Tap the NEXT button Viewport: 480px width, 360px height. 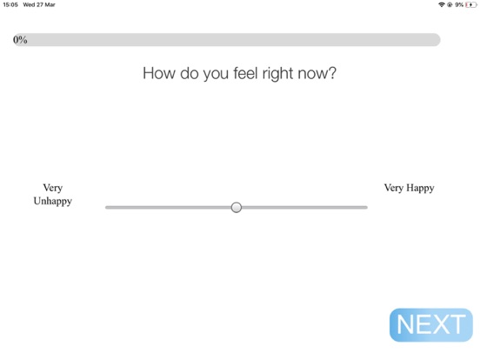[430, 325]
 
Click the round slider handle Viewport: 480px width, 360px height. [236, 207]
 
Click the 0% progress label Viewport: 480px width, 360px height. [20, 40]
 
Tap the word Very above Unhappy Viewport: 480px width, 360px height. [53, 188]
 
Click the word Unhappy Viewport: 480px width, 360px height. [53, 201]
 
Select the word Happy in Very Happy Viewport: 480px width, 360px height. [420, 188]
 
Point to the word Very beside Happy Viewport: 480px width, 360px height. [394, 188]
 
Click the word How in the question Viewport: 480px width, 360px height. [159, 73]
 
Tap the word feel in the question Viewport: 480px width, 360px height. [243, 73]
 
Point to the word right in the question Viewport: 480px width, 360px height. [277, 73]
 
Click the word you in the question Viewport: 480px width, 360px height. [209, 73]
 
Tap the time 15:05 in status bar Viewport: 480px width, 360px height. [10, 4]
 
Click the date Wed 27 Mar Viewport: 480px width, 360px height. [39, 4]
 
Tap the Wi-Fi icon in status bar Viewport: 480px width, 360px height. [441, 4]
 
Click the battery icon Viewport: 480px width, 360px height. [471, 4]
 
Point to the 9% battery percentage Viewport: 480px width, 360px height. [459, 4]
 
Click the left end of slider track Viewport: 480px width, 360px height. [108, 207]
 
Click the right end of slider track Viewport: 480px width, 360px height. [365, 207]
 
